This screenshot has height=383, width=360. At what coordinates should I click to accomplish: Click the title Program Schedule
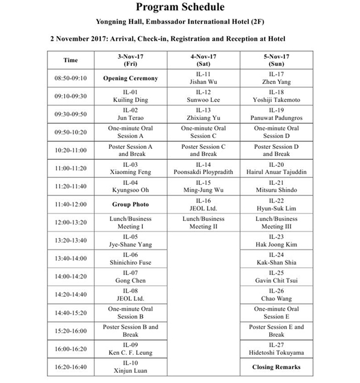[x=179, y=7]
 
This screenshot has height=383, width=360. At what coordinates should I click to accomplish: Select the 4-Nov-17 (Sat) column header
[x=203, y=60]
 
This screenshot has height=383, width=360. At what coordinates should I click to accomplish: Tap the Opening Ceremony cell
[x=130, y=78]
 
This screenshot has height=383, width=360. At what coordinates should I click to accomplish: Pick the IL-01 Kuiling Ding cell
[x=130, y=96]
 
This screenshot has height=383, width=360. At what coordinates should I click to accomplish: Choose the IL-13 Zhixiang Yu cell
[x=203, y=114]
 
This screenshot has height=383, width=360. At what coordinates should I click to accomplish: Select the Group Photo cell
[x=130, y=204]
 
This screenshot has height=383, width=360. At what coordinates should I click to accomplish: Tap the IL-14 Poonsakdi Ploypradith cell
[x=203, y=168]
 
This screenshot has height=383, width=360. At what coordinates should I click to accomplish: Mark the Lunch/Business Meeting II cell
[x=203, y=223]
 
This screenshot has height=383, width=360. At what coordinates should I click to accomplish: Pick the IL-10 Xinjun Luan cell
[x=130, y=367]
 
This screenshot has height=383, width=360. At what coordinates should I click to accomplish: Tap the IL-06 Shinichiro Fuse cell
[x=130, y=259]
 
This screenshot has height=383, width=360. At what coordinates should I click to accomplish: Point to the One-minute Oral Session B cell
[x=130, y=313]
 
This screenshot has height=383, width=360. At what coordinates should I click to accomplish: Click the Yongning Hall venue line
[x=179, y=23]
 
